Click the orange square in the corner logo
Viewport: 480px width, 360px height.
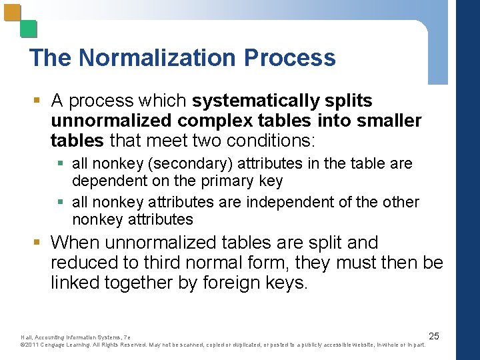tap(13, 13)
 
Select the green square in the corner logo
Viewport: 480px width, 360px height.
tap(29, 29)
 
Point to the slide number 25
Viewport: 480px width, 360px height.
tap(433, 335)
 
